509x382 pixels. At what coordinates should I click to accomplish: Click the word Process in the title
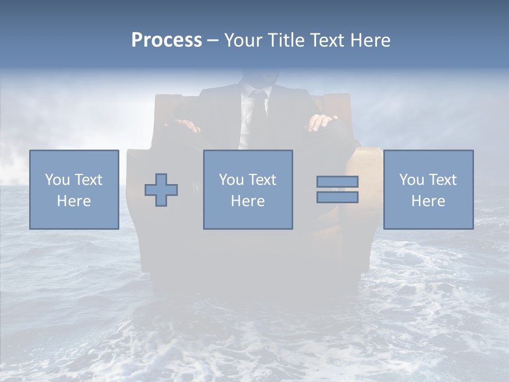tap(166, 40)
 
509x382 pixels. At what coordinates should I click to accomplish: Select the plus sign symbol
tap(161, 189)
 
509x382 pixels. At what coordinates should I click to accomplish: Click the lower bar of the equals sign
tap(337, 197)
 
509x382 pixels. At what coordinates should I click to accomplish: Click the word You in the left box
tap(57, 180)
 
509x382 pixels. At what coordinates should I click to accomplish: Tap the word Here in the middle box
tap(248, 201)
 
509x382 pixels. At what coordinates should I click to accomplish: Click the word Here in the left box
tap(74, 201)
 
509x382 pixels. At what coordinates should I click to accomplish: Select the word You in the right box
tap(411, 180)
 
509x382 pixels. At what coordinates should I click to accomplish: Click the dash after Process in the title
tap(213, 40)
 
